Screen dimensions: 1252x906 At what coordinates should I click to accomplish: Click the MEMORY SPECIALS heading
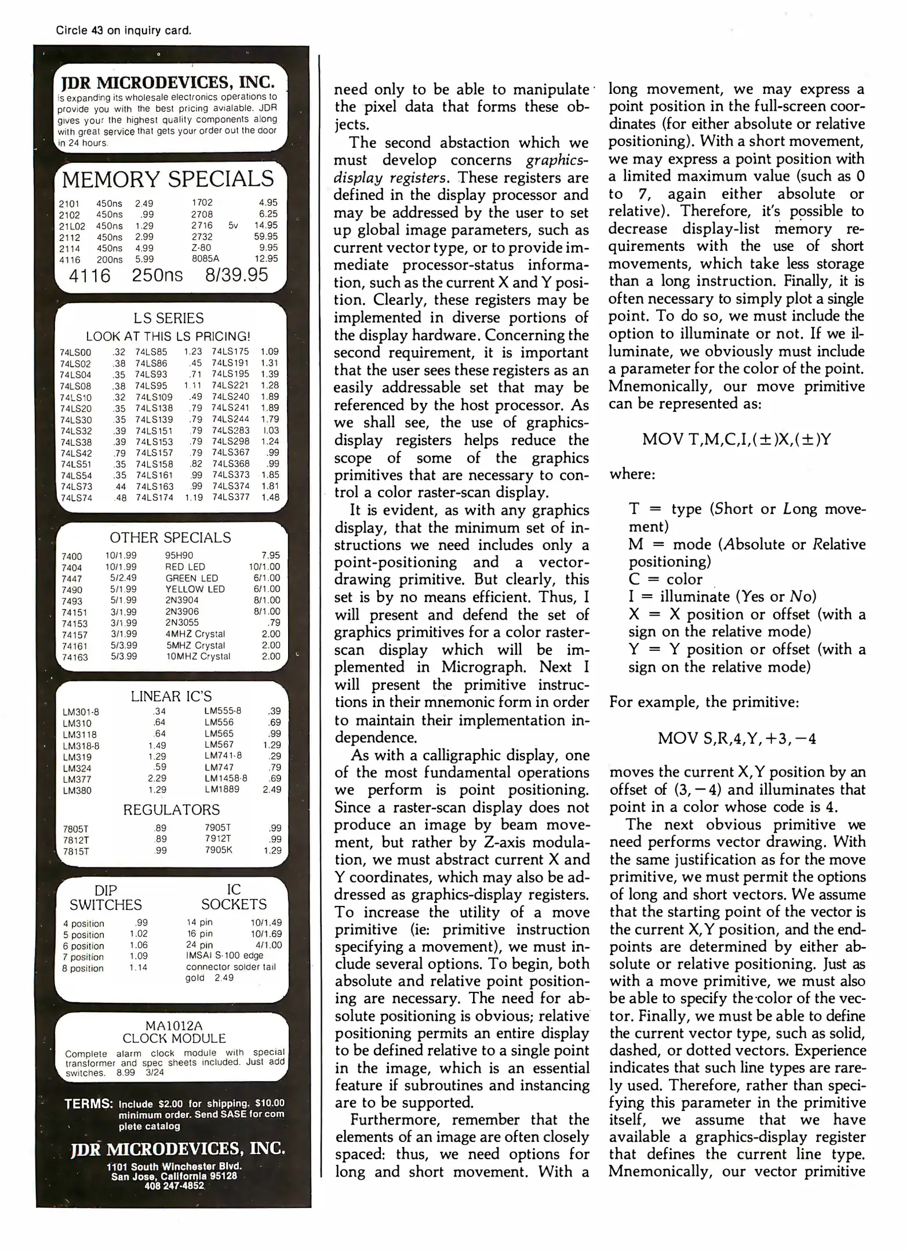click(168, 179)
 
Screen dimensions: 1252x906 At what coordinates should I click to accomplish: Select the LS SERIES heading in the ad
click(168, 318)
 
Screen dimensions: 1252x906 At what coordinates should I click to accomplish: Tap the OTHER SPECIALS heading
click(170, 537)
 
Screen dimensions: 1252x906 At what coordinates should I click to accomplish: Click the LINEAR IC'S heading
click(171, 696)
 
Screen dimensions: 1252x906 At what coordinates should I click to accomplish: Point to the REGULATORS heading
click(171, 810)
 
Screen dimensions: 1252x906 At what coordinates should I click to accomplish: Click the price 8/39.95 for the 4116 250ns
click(236, 275)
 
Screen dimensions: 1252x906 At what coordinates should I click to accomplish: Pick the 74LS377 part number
click(230, 497)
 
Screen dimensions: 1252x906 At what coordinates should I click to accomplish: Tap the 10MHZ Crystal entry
click(198, 656)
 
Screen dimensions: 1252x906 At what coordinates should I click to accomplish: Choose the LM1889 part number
click(222, 789)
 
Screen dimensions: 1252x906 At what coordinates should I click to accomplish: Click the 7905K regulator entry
click(218, 850)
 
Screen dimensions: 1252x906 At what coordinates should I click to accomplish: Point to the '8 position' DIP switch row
click(83, 969)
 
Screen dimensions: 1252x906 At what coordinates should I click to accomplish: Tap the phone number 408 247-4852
click(174, 1186)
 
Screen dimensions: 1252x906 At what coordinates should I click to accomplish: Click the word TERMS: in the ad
click(88, 1104)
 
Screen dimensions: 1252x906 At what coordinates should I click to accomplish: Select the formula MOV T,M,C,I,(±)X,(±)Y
click(736, 440)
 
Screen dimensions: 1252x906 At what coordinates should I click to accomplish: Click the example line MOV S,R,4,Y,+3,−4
click(736, 739)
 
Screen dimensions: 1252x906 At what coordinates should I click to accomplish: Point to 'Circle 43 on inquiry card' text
click(123, 30)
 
